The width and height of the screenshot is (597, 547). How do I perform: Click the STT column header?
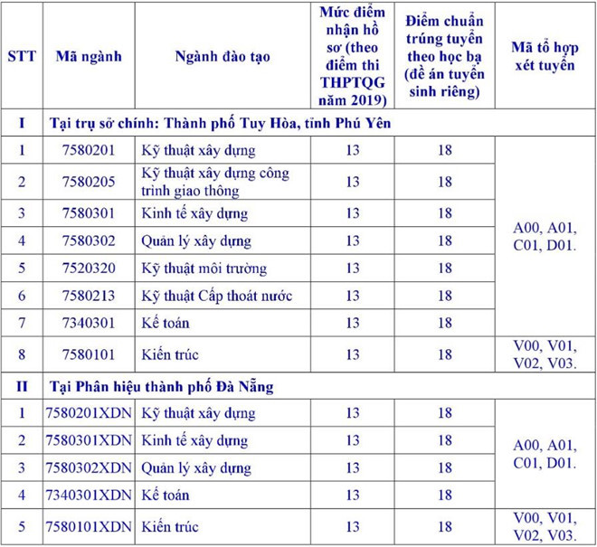22,56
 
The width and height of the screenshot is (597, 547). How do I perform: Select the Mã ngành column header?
89,56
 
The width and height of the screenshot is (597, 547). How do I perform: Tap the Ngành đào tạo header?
223,56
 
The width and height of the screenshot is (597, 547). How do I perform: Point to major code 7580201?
89,150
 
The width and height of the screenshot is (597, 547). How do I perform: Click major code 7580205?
89,182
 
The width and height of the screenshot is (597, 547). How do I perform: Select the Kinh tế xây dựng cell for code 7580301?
194,214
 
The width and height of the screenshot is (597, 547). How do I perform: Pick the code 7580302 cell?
89,241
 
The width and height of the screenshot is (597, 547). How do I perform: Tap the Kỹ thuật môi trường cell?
204,269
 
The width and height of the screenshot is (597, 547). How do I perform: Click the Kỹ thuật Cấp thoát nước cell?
217,296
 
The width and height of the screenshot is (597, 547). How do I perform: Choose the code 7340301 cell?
89,323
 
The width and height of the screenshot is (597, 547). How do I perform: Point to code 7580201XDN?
89,413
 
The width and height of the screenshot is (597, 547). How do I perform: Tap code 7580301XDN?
89,440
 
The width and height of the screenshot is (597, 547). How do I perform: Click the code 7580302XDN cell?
89,467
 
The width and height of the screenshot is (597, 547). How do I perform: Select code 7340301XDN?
89,495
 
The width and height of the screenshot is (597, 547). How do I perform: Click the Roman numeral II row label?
22,386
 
